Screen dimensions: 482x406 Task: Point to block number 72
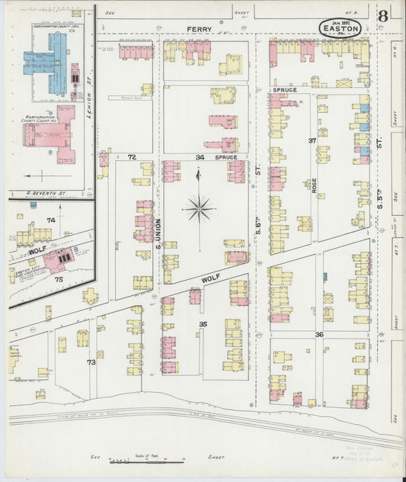click(x=132, y=157)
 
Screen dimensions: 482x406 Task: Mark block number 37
click(x=312, y=141)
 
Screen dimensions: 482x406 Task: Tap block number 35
click(x=203, y=324)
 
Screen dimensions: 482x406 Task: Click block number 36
click(x=319, y=334)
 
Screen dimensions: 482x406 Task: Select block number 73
click(x=91, y=361)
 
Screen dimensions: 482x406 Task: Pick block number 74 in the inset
click(x=51, y=220)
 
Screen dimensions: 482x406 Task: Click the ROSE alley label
click(x=313, y=184)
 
